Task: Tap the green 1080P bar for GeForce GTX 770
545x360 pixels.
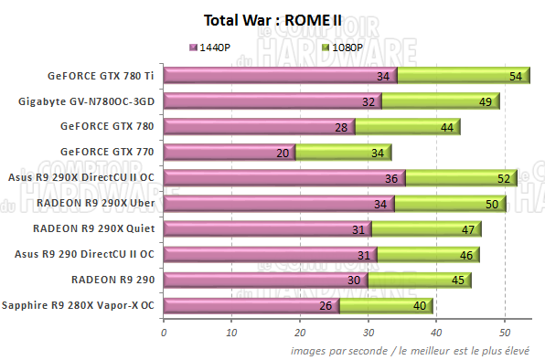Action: click(x=343, y=153)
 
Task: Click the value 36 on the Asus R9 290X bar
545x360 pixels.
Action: click(x=392, y=178)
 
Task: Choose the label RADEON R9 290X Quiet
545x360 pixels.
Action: click(x=93, y=228)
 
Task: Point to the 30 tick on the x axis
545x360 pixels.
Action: click(x=369, y=332)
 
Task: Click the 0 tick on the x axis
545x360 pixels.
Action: click(x=164, y=332)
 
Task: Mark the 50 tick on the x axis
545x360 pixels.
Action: click(x=505, y=332)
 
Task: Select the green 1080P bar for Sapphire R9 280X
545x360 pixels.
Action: click(x=385, y=305)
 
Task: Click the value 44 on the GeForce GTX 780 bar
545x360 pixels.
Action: click(x=447, y=127)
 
